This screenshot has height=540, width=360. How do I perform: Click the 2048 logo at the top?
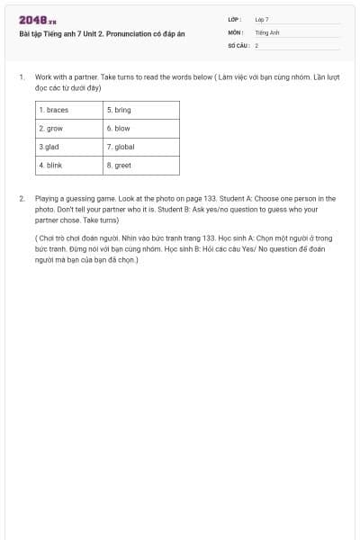click(37, 20)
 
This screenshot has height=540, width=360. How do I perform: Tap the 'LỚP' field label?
click(235, 19)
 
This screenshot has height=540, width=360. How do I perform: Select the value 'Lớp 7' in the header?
click(262, 19)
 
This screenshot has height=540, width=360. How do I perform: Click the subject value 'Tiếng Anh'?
click(267, 31)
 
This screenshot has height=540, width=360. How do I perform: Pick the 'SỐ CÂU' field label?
click(238, 44)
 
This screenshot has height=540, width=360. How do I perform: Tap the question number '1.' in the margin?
click(21, 78)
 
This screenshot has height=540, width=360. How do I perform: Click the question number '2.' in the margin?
click(21, 198)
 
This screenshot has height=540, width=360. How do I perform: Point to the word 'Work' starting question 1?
click(43, 78)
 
